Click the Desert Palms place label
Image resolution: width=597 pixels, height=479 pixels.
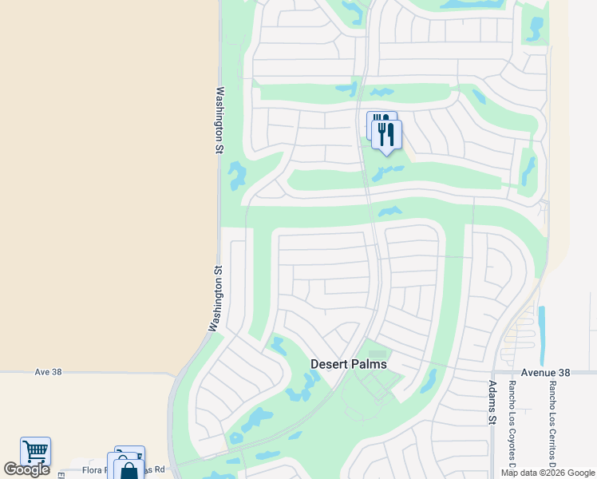(x=348, y=364)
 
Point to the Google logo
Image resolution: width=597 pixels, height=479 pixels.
(x=26, y=469)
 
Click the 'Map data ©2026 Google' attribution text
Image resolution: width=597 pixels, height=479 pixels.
(x=547, y=473)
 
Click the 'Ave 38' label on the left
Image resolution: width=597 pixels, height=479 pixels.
(x=48, y=372)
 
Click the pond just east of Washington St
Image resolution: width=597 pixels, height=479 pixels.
(x=237, y=176)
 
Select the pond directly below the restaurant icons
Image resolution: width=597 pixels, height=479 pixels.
(x=388, y=172)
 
